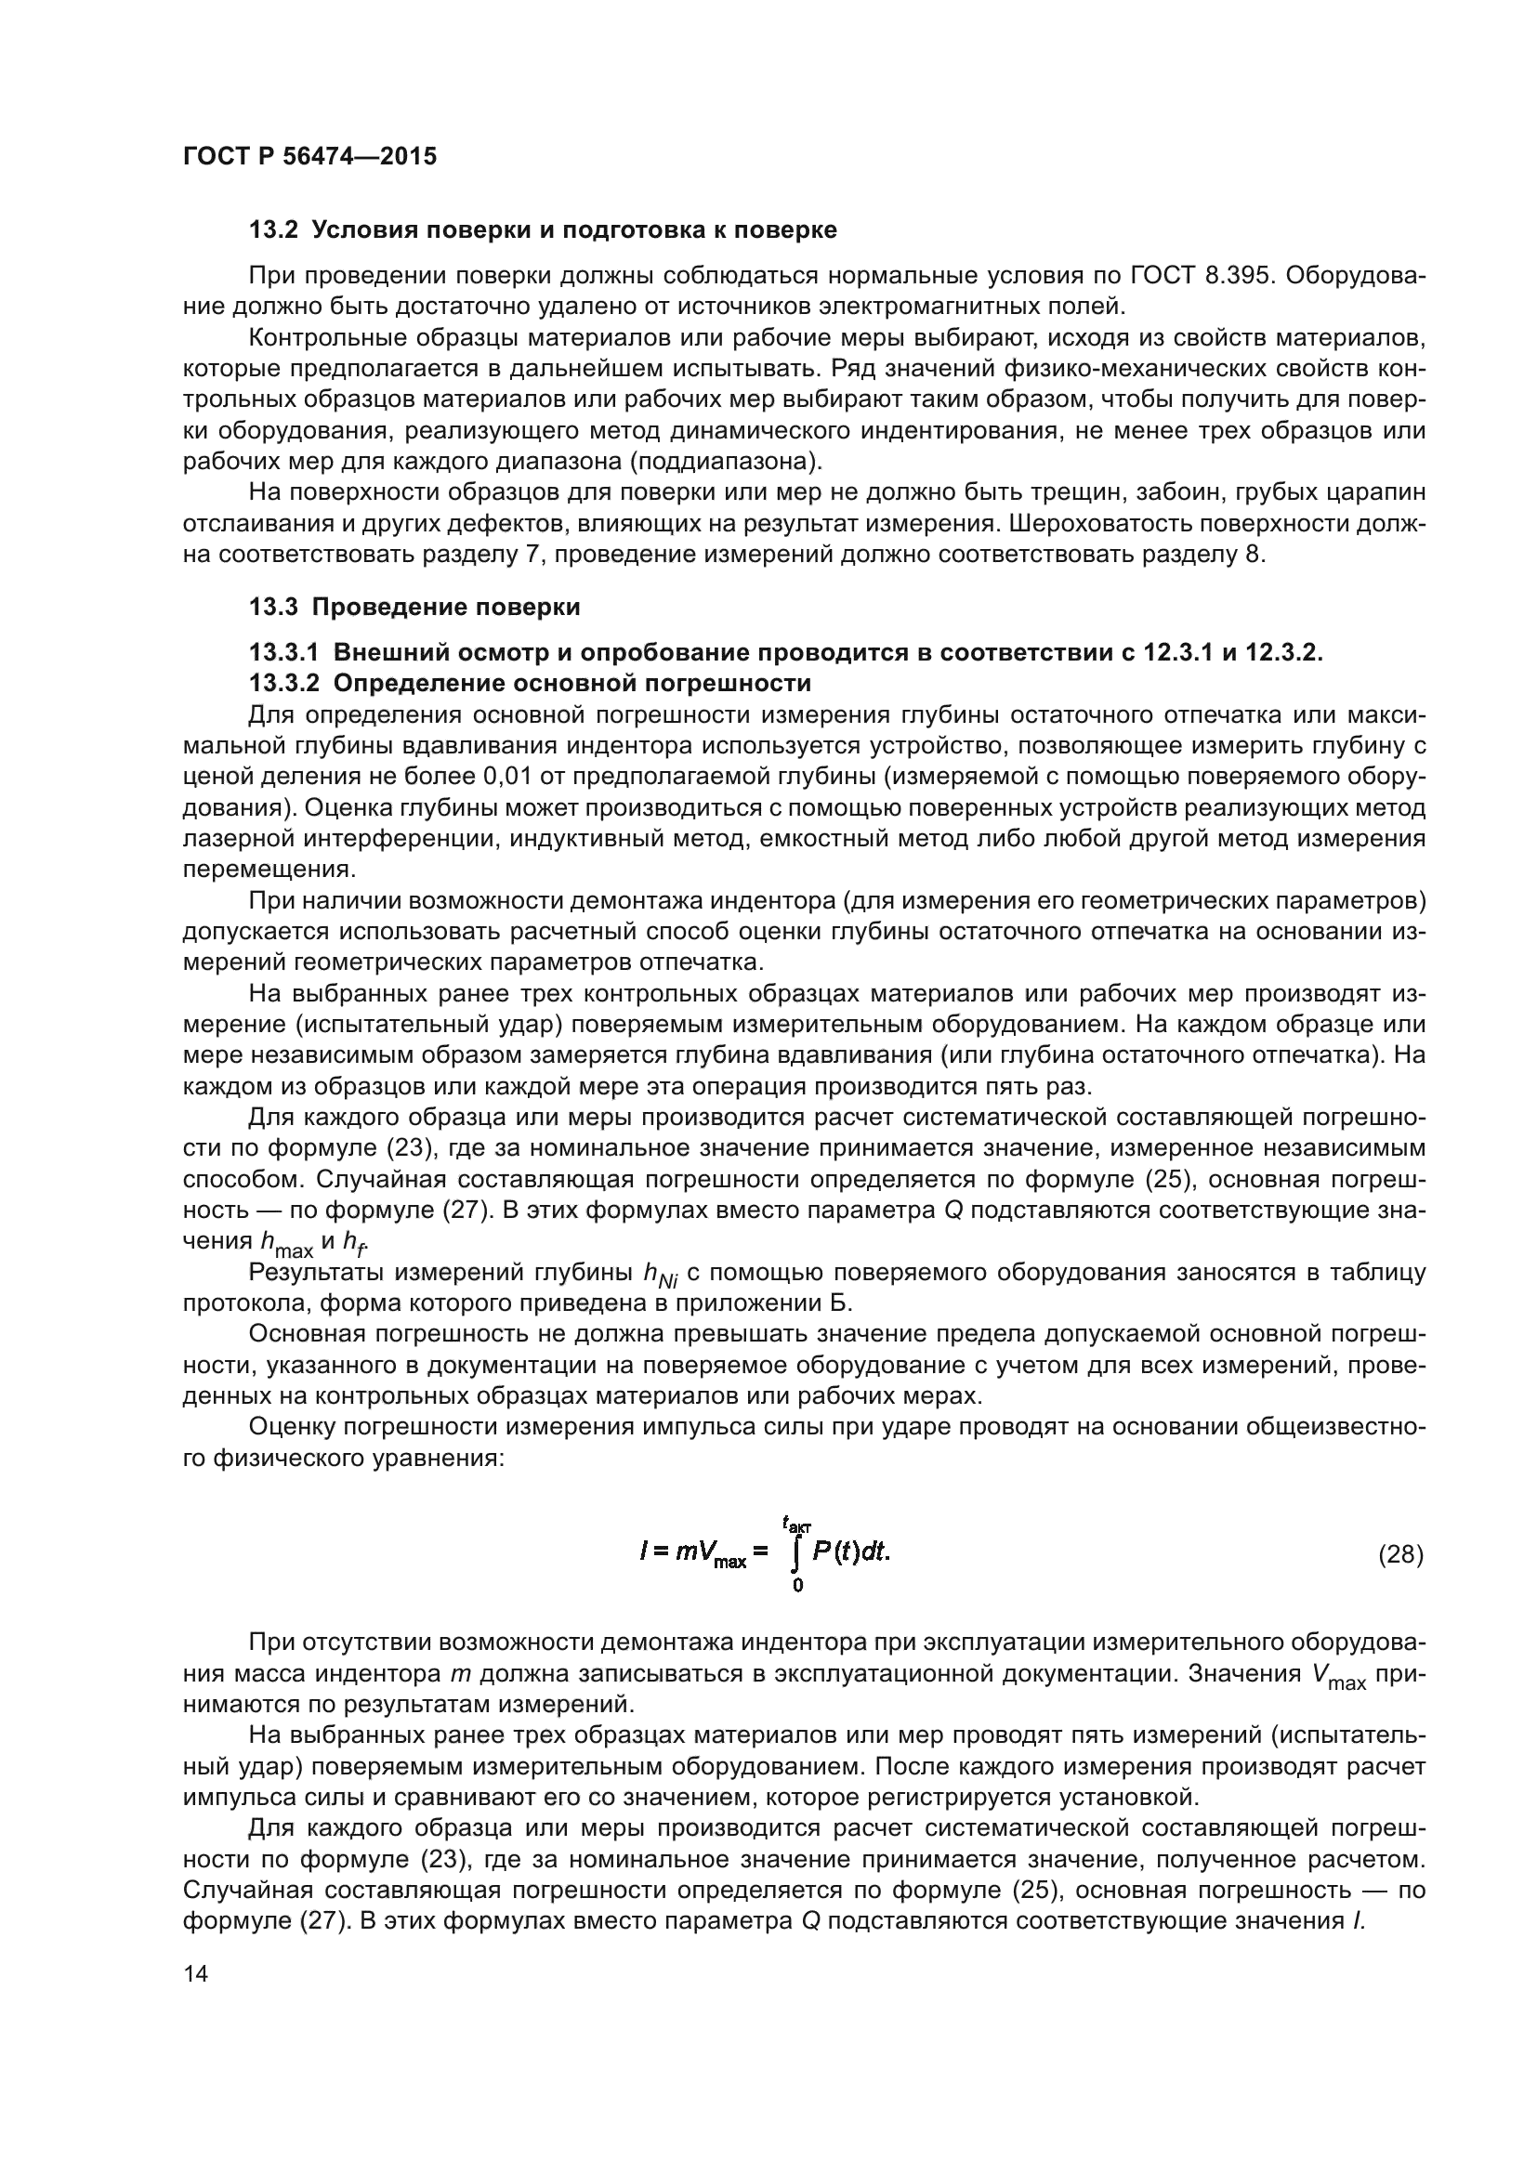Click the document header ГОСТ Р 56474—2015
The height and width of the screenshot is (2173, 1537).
point(309,156)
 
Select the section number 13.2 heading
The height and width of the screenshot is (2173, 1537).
point(273,230)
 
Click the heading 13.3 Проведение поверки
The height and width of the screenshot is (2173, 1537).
point(414,607)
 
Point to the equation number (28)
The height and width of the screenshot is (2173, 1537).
point(1400,1555)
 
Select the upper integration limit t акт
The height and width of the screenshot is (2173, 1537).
point(797,1523)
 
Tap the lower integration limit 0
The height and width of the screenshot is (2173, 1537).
point(798,1586)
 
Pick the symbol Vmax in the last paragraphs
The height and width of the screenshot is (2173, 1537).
point(1338,1674)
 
